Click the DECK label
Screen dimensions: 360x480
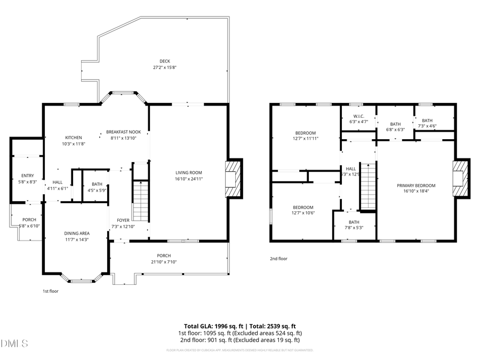click(x=164, y=61)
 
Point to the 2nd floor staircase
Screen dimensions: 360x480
click(x=368, y=187)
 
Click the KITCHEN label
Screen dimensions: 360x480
click(x=74, y=138)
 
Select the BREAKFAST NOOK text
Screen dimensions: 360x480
click(x=123, y=132)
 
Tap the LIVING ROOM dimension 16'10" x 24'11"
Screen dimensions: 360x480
click(x=189, y=179)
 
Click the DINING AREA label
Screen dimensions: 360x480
click(x=77, y=233)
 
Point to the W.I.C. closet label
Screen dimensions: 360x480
click(x=358, y=116)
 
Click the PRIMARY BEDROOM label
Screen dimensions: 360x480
click(x=416, y=186)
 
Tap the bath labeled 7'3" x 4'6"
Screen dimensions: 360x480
click(x=427, y=121)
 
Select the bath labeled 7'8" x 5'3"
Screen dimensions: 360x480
click(x=354, y=222)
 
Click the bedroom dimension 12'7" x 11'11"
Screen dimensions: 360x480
click(x=306, y=139)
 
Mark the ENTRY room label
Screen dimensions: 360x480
click(x=27, y=175)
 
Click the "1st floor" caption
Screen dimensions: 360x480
click(x=50, y=291)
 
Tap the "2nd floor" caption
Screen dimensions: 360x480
click(x=278, y=259)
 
